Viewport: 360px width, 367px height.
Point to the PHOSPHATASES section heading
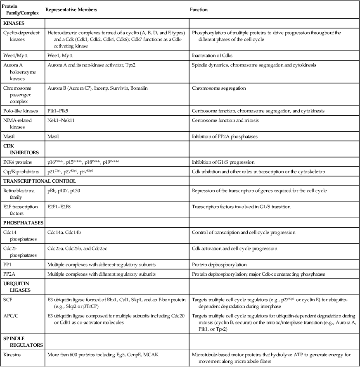tap(23, 223)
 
